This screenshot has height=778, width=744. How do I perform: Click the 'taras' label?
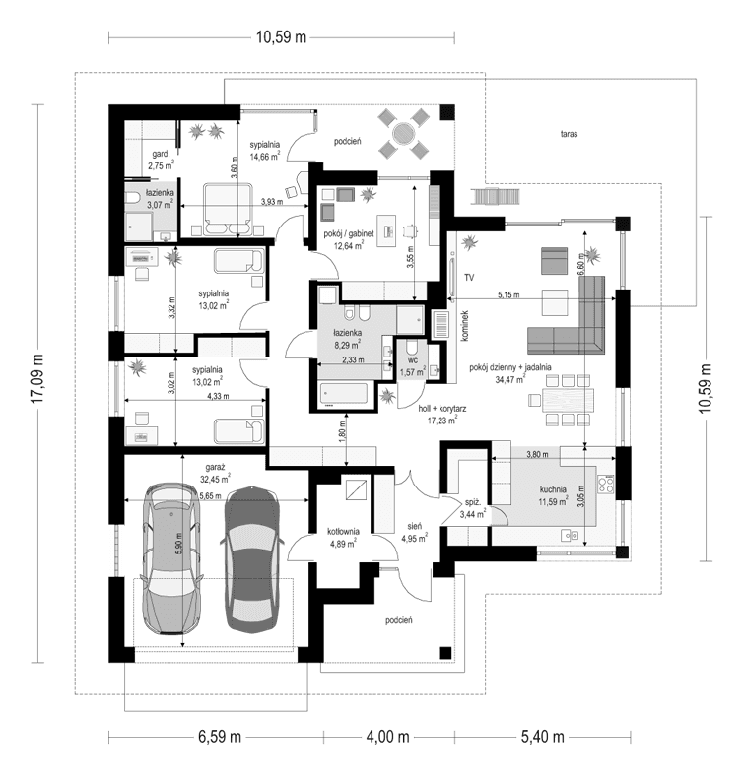point(567,132)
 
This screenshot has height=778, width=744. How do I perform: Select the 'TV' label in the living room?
point(470,279)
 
